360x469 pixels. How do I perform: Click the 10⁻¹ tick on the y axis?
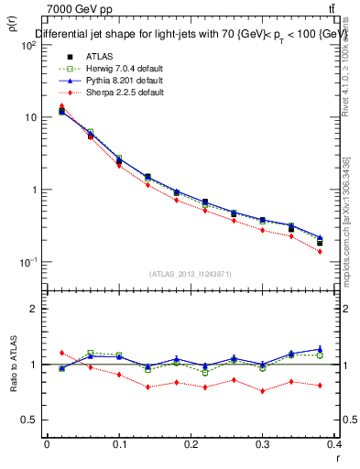(x=27, y=262)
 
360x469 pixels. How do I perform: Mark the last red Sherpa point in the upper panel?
(x=320, y=251)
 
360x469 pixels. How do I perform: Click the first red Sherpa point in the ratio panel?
(x=61, y=353)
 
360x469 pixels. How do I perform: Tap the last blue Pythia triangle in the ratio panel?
(x=320, y=349)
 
